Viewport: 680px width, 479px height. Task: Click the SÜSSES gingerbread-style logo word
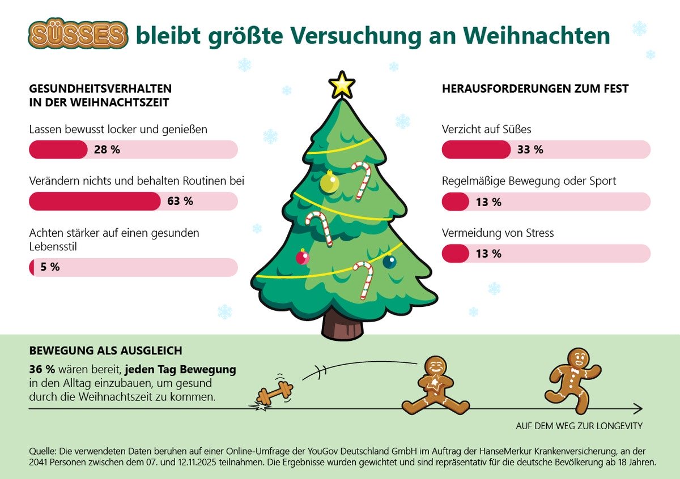click(78, 35)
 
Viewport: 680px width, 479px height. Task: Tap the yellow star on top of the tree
click(342, 85)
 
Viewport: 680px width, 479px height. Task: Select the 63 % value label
click(180, 201)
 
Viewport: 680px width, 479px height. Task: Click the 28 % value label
click(107, 150)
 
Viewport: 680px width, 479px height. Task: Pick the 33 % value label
click(530, 149)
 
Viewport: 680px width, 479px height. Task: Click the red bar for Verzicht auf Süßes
click(476, 149)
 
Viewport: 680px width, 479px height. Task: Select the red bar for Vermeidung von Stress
click(455, 254)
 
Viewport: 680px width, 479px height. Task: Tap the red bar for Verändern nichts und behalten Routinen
click(95, 201)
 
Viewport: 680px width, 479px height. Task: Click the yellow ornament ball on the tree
click(329, 182)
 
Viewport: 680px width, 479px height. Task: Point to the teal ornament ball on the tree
click(389, 262)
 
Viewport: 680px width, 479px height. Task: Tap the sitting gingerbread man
click(435, 387)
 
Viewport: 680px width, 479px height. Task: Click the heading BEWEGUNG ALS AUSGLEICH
click(105, 351)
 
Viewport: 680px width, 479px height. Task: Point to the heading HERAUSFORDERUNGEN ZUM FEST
click(535, 89)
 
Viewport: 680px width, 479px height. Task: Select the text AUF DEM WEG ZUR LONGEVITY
click(579, 426)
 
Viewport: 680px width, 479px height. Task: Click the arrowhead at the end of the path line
click(638, 409)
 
